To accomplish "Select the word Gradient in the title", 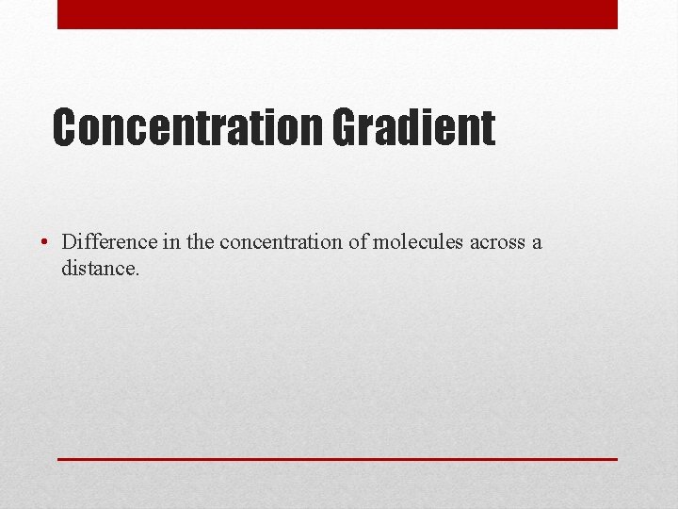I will tap(412, 128).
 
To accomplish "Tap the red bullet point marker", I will tap(44, 242).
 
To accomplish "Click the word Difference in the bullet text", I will tap(109, 241).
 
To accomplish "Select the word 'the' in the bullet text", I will tap(201, 241).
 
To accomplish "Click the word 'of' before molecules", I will tap(358, 241).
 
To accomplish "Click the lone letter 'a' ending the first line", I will tap(537, 243).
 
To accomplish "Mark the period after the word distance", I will tap(137, 274).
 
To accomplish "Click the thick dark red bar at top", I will tap(337, 14).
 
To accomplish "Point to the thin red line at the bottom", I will tap(337, 459).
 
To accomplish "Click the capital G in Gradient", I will tap(345, 128).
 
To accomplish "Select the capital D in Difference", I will tap(69, 241).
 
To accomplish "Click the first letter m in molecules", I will tap(381, 243).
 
